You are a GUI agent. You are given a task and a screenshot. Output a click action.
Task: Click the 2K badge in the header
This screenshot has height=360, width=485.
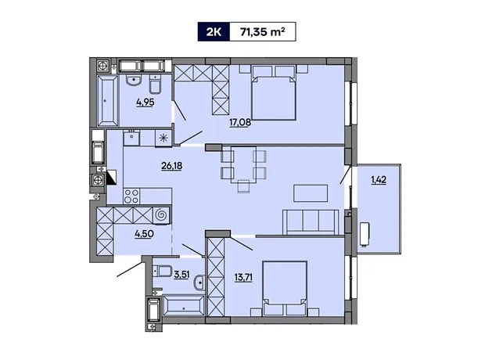[x=214, y=31]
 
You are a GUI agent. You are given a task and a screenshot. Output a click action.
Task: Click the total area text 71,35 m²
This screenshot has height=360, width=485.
[x=263, y=31]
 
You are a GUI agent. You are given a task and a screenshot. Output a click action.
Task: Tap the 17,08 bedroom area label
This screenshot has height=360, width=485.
[x=240, y=123]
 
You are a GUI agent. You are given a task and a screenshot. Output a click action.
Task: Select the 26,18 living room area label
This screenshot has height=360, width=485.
[x=171, y=166]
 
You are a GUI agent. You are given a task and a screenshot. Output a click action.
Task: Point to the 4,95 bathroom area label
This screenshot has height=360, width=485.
[x=145, y=102]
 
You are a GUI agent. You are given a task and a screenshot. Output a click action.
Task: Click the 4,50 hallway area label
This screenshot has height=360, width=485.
[x=144, y=234]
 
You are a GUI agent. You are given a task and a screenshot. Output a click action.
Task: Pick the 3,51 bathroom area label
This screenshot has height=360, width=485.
[x=181, y=275]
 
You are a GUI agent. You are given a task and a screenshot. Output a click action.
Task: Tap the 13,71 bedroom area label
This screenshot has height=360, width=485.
[x=243, y=277]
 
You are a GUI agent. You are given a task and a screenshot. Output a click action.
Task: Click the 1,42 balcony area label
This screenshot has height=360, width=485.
[x=379, y=180]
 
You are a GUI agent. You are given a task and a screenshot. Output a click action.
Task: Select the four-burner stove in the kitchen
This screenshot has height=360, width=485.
[x=131, y=196]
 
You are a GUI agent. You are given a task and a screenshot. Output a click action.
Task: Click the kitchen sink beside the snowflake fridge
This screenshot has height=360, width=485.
[x=131, y=138]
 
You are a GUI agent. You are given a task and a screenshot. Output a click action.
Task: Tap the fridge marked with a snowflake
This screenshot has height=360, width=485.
[x=163, y=138]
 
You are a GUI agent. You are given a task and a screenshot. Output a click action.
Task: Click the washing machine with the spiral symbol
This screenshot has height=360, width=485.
[x=161, y=215]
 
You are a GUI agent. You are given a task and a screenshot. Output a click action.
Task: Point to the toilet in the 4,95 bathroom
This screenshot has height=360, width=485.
[x=155, y=84]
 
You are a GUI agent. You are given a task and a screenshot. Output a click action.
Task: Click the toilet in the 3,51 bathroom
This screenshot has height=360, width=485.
[x=163, y=272]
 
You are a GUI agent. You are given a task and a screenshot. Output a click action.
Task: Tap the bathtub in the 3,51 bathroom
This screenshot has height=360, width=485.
[x=184, y=306]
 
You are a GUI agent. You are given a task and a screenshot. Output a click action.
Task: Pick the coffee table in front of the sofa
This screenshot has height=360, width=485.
[x=311, y=193]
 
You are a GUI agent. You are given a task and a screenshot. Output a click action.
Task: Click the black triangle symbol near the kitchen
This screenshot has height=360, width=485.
[x=111, y=178]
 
